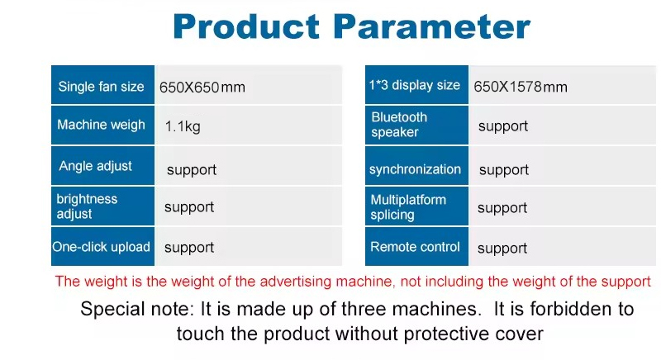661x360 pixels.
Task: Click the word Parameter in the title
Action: [x=431, y=26]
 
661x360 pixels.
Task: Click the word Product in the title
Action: [x=245, y=26]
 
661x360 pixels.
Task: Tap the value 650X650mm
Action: [x=202, y=88]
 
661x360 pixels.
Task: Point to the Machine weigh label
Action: [x=101, y=125]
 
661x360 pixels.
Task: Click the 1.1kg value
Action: [x=183, y=126]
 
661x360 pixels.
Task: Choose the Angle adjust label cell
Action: [x=102, y=165]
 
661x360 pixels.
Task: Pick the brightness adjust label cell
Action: [x=102, y=206]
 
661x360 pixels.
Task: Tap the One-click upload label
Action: [x=101, y=247]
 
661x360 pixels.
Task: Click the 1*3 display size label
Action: [x=415, y=85]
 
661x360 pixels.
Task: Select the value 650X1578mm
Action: [x=521, y=88]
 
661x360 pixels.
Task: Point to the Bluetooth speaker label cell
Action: [x=416, y=125]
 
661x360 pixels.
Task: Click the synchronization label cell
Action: [x=416, y=165]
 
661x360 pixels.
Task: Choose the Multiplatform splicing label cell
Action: [x=416, y=206]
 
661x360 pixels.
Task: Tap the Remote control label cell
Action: [x=416, y=246]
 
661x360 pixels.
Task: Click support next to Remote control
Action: [x=502, y=249]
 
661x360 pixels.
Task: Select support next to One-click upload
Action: [x=189, y=248]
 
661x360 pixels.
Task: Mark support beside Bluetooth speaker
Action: [x=503, y=126]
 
